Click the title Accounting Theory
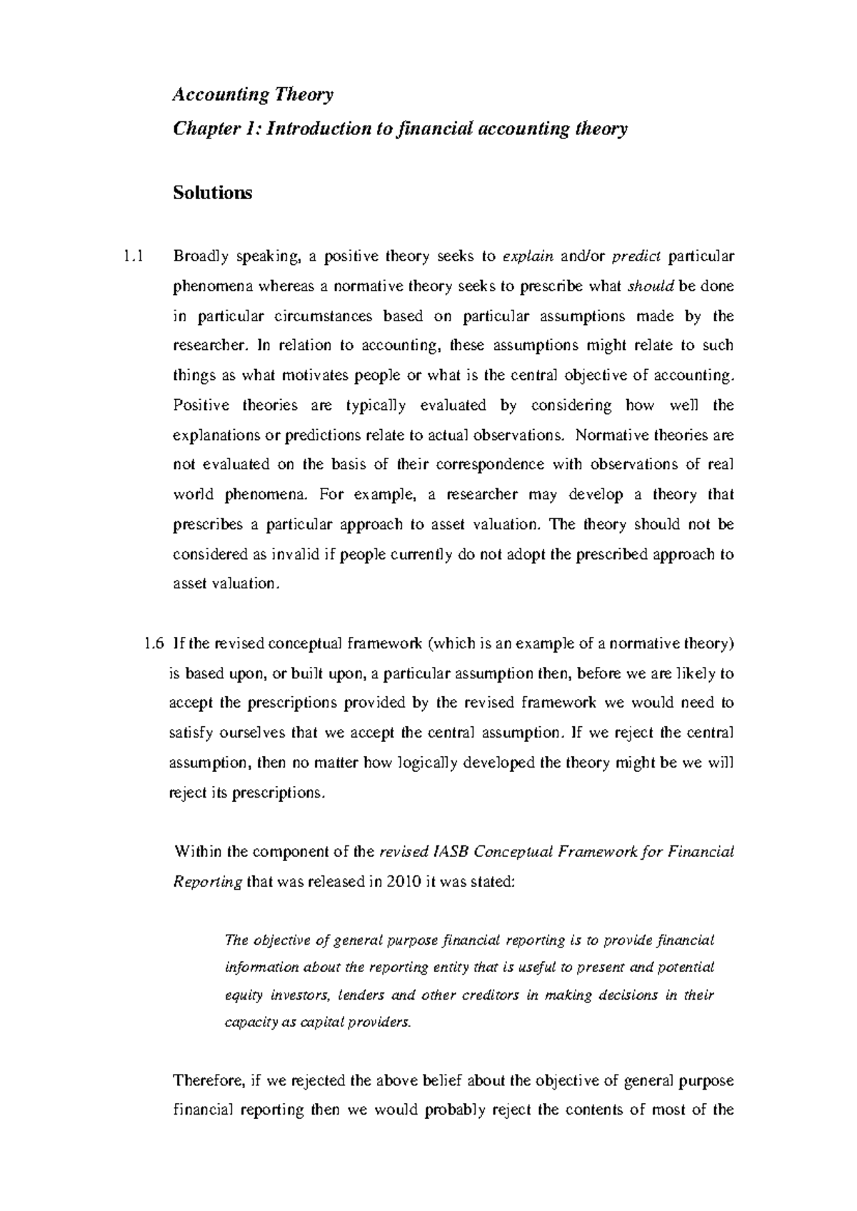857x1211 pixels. pyautogui.click(x=253, y=95)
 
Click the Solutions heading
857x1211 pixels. pyautogui.click(x=212, y=193)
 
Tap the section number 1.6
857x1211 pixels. pyautogui.click(x=154, y=643)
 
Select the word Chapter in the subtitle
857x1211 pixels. pyautogui.click(x=205, y=129)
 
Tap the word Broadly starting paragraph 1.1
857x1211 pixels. pyautogui.click(x=199, y=256)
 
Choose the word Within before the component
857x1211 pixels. pyautogui.click(x=198, y=852)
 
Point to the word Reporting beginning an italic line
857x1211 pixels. pyautogui.click(x=208, y=882)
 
